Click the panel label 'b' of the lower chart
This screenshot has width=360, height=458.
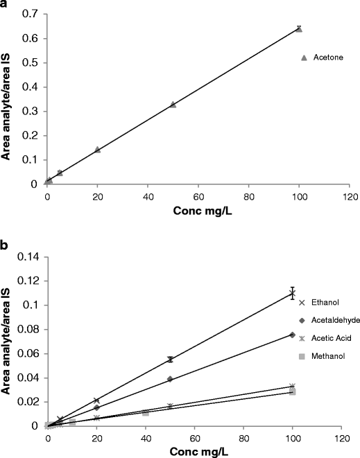[x=4, y=245]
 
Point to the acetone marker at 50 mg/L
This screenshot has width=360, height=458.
[x=173, y=105]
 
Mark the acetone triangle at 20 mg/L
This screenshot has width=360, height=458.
[x=97, y=149]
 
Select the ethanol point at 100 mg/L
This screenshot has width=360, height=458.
[x=293, y=293]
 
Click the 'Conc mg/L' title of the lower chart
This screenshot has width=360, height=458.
[x=193, y=451]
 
